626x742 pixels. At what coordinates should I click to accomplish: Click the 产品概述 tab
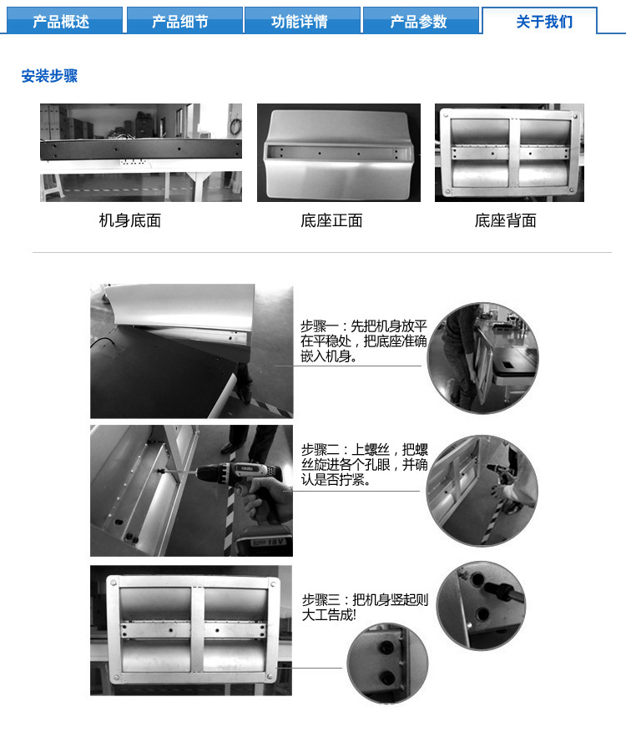click(x=61, y=21)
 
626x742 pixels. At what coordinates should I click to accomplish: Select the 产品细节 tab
click(x=180, y=21)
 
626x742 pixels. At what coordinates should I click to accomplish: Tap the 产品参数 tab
click(x=418, y=21)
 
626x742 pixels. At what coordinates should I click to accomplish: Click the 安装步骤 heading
click(x=49, y=76)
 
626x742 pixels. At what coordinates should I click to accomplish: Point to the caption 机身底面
click(x=129, y=220)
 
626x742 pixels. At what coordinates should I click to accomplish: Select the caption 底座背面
click(x=505, y=220)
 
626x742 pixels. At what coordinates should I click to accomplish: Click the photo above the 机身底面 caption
click(x=141, y=153)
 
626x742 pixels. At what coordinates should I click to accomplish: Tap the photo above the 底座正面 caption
click(x=338, y=153)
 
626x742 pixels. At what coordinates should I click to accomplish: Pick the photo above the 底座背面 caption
click(x=509, y=153)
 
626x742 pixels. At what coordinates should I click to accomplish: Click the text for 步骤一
click(x=364, y=341)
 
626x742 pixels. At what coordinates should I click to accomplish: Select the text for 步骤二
click(x=364, y=463)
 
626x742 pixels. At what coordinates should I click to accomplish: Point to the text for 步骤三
click(x=365, y=606)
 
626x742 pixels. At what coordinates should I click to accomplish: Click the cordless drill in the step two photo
click(x=250, y=484)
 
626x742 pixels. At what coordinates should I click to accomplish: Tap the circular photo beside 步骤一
click(x=482, y=357)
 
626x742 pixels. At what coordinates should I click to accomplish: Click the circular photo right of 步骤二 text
click(x=482, y=490)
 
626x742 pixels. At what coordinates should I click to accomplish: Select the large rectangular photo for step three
click(x=191, y=630)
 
